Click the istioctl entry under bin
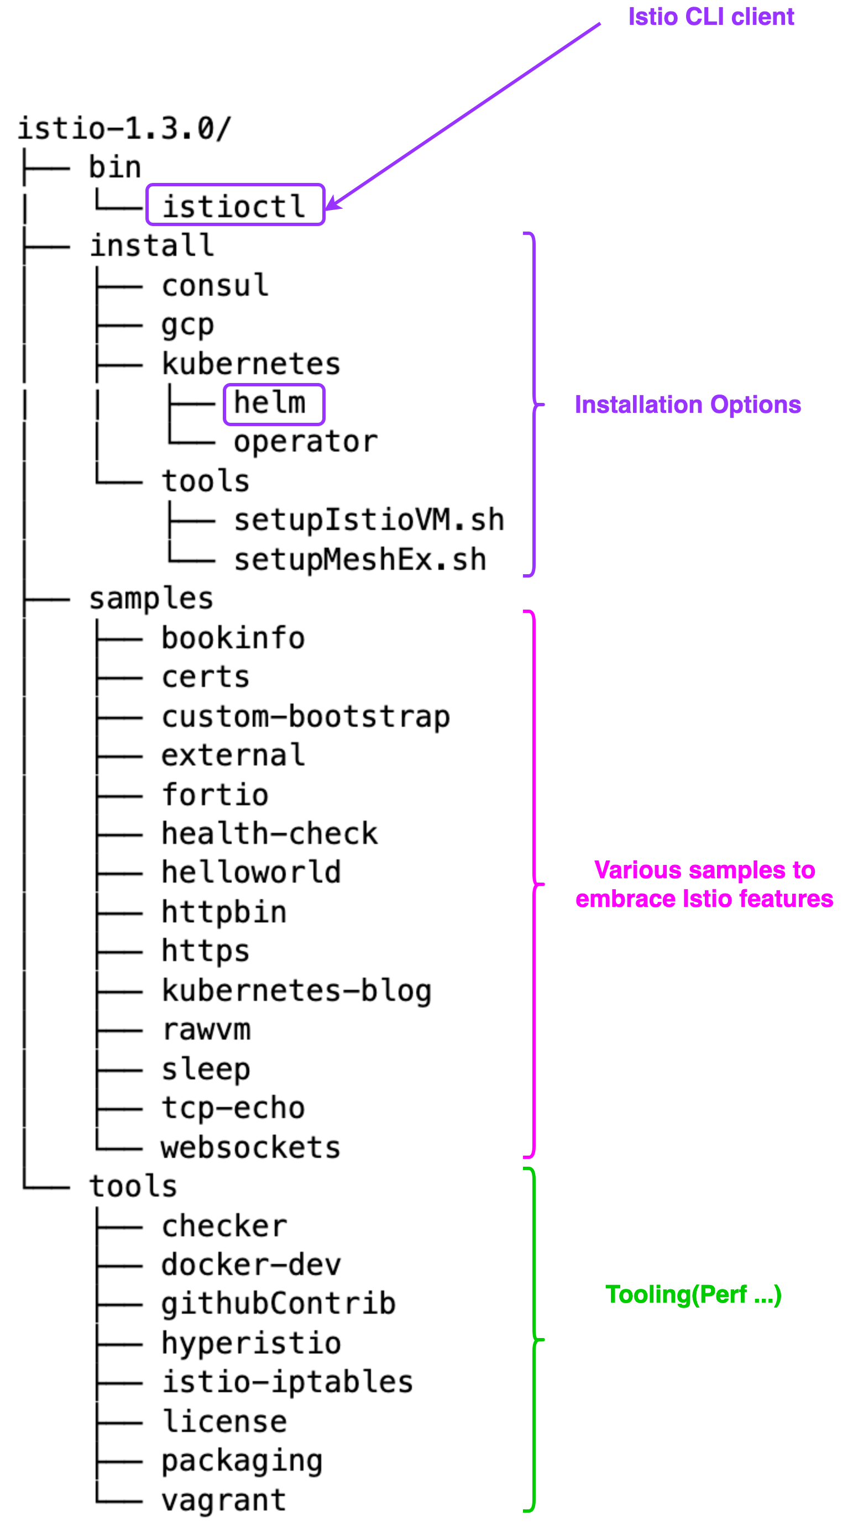pos(234,206)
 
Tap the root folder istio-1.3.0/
pos(124,128)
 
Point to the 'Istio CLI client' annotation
pos(710,17)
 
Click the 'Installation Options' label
pos(687,405)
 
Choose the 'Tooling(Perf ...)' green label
pos(693,1294)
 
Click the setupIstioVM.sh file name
pos(369,519)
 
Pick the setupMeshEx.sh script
pos(360,559)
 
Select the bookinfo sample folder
pos(233,638)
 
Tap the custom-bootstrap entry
pos(306,716)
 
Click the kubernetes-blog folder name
pos(297,990)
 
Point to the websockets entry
pos(250,1147)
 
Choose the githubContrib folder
pos(279,1304)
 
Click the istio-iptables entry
pos(287,1382)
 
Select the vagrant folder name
pos(224,1499)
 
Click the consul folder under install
pos(216,284)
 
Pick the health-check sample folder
pos(270,833)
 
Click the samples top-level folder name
pos(151,599)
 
